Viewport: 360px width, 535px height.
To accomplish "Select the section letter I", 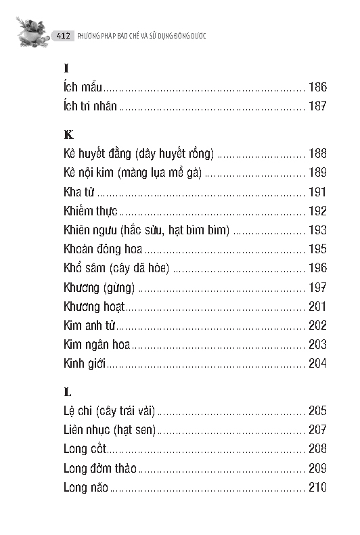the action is point(66,68).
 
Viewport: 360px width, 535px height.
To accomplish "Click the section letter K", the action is point(68,135).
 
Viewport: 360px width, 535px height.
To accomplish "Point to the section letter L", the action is point(67,392).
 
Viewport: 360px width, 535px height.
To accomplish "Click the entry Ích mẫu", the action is point(83,87).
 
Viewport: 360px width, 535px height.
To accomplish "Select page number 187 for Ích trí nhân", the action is point(317,106).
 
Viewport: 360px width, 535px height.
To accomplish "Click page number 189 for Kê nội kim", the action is point(317,173).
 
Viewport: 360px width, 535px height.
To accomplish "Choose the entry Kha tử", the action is point(78,192).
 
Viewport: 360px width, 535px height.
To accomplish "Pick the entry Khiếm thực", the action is point(91,211).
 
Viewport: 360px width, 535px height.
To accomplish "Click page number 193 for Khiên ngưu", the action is point(317,230).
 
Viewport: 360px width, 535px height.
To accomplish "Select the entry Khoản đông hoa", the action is point(103,249).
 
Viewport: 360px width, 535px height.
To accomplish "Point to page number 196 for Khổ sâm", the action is point(317,268).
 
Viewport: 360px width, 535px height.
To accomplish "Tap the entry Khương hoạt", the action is point(94,306).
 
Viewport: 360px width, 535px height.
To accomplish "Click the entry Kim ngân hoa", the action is point(96,344).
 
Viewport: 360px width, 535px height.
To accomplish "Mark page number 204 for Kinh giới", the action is point(317,363).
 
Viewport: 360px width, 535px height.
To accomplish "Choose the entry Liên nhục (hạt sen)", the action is point(109,430).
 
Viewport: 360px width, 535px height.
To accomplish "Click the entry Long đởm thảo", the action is point(99,468).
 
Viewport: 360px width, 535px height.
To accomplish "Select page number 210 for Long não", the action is point(317,487).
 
